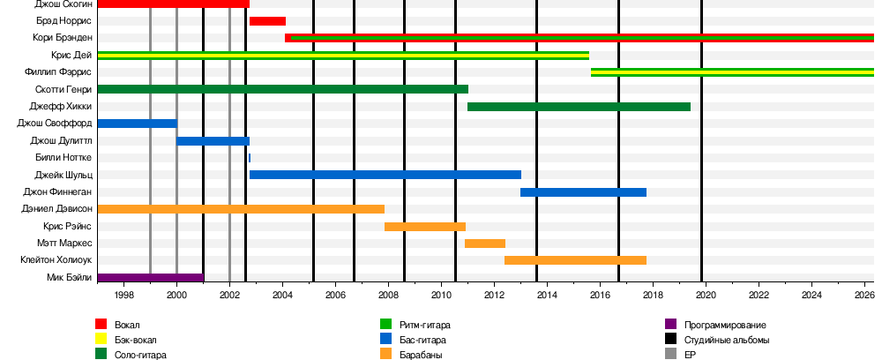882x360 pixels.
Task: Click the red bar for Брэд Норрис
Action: (x=267, y=21)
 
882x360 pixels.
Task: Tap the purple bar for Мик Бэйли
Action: (x=150, y=278)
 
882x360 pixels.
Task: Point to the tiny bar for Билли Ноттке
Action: (x=250, y=158)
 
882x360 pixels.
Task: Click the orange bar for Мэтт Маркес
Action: (x=485, y=244)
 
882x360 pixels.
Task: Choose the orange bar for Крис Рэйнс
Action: (x=425, y=227)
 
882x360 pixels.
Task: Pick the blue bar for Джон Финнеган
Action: (x=583, y=192)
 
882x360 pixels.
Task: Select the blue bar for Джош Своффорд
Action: (x=137, y=124)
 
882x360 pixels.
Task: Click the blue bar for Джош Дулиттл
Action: (x=213, y=141)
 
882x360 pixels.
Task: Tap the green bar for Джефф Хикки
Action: (x=579, y=107)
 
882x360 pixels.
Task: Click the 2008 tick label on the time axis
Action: (x=388, y=295)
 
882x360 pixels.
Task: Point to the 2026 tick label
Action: (x=864, y=295)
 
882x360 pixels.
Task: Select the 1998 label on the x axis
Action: (x=123, y=295)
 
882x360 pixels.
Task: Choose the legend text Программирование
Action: (x=725, y=325)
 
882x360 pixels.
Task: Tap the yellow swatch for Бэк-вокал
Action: (x=101, y=340)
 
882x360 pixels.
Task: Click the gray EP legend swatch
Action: (x=670, y=355)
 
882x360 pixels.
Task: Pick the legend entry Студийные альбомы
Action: (x=727, y=340)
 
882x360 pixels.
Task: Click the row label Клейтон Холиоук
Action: (x=56, y=260)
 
